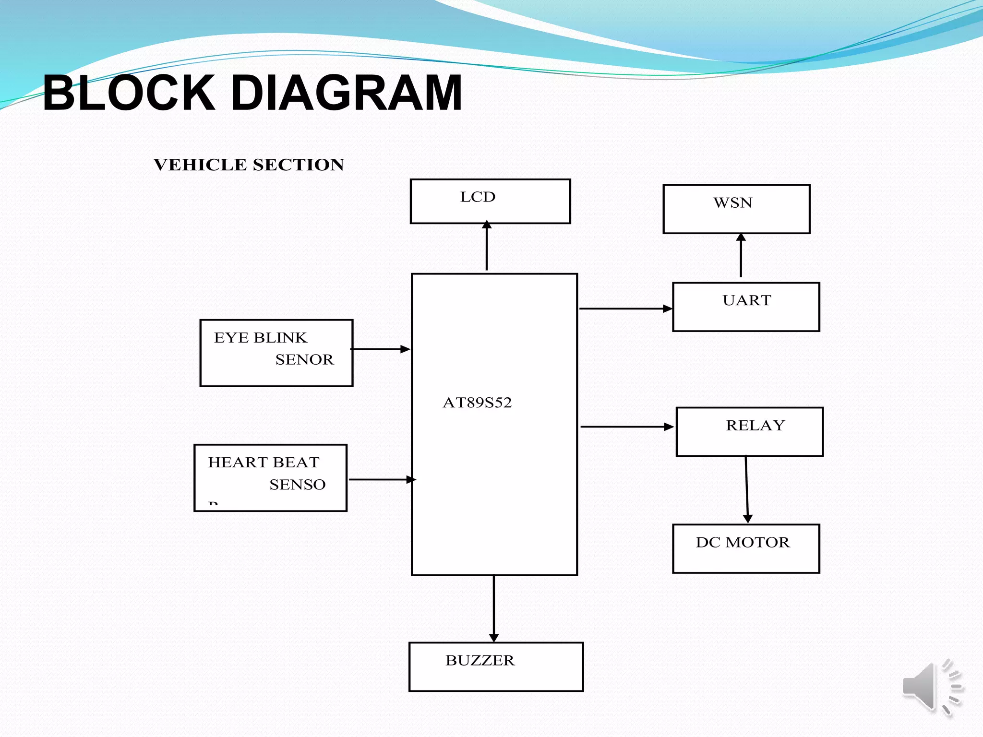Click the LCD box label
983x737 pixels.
click(x=478, y=197)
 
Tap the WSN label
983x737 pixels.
click(x=732, y=203)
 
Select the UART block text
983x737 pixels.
click(x=747, y=301)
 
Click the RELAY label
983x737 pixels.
click(x=755, y=426)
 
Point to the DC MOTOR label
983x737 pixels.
click(x=743, y=543)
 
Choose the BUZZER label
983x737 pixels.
click(x=480, y=661)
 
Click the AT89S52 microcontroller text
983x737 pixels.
click(x=477, y=403)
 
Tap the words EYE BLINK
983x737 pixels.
click(x=260, y=338)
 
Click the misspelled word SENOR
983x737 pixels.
click(x=304, y=360)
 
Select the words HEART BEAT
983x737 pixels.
click(x=264, y=463)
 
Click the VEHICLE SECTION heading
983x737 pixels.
click(x=249, y=165)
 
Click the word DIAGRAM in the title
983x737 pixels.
click(x=346, y=93)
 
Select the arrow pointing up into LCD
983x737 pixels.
click(x=487, y=246)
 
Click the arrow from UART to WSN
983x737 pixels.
click(x=741, y=256)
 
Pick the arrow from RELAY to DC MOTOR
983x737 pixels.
click(x=746, y=489)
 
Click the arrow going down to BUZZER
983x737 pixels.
click(x=493, y=608)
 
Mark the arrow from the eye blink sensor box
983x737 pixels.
click(x=381, y=349)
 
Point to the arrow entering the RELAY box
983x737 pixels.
click(x=627, y=427)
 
